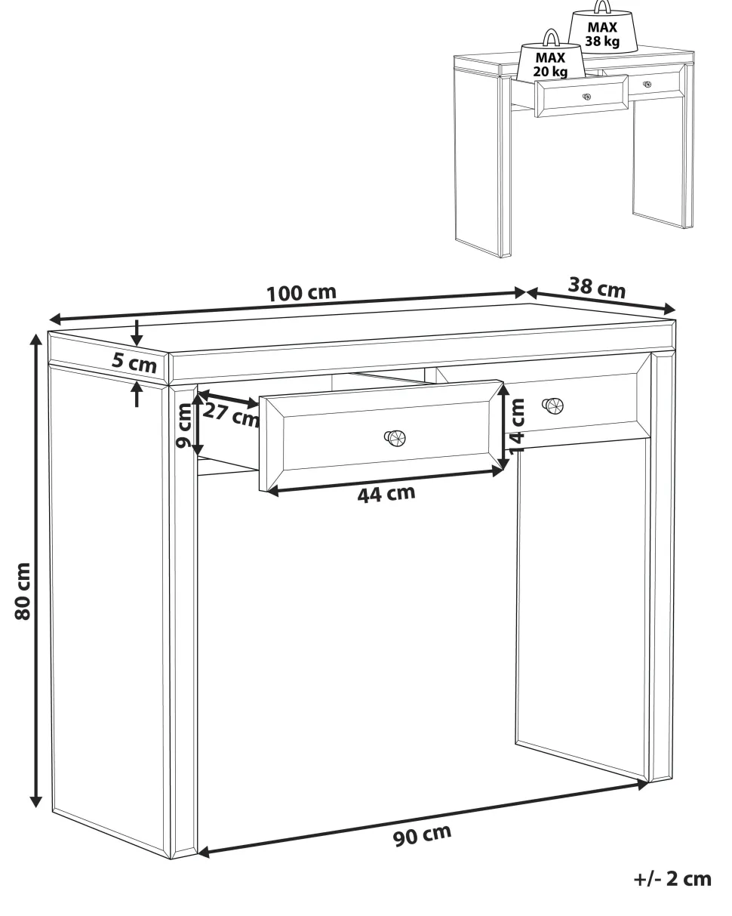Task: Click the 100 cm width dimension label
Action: pyautogui.click(x=301, y=293)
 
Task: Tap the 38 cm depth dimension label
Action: pyautogui.click(x=597, y=288)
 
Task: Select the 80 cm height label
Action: pyautogui.click(x=23, y=591)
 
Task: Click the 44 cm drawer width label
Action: pyautogui.click(x=386, y=494)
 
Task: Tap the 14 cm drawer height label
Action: pyautogui.click(x=516, y=427)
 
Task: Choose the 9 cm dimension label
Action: pyautogui.click(x=185, y=425)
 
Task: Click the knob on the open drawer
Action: pyautogui.click(x=395, y=438)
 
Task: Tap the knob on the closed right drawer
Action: pyautogui.click(x=553, y=406)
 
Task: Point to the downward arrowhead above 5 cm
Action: pyautogui.click(x=137, y=339)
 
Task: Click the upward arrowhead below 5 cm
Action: pyautogui.click(x=137, y=388)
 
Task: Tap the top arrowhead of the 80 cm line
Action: pyautogui.click(x=36, y=340)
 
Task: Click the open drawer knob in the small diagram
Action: pyautogui.click(x=586, y=97)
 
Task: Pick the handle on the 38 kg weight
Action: pyautogui.click(x=602, y=6)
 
